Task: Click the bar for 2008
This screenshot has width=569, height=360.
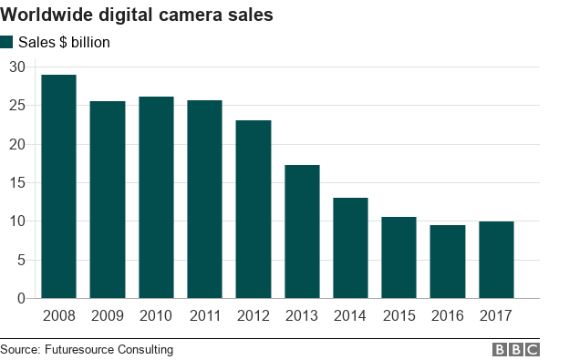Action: point(58,187)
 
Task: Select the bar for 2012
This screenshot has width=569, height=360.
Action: point(253,210)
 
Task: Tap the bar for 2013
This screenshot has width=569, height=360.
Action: point(302,231)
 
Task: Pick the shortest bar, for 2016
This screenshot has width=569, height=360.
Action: point(448,262)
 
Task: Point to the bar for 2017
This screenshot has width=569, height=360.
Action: point(496,260)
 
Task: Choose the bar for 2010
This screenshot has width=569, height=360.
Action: point(156,198)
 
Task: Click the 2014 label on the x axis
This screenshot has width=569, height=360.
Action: point(350,315)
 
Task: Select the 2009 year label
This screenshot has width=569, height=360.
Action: point(108,315)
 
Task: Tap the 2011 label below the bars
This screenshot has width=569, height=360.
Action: point(204,315)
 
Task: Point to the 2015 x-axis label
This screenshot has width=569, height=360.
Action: point(398,315)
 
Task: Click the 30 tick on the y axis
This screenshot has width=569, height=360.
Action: point(17,67)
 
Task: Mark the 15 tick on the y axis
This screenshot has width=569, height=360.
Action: point(17,182)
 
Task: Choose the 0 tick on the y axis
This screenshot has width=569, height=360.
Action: point(21,298)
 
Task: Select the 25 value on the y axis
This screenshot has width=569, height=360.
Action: point(17,106)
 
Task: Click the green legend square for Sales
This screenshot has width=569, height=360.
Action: point(7,42)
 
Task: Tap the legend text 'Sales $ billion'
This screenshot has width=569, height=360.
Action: point(64,42)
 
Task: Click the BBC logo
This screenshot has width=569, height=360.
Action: point(516,349)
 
